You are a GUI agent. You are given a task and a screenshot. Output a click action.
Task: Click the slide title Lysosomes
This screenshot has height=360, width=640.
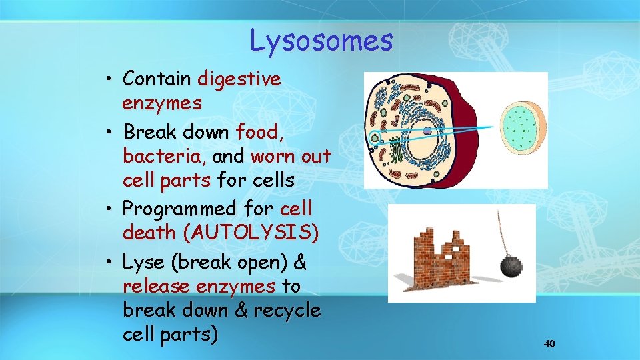[x=321, y=41]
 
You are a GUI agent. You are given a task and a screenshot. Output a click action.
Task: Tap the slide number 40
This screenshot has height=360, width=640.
[x=549, y=344]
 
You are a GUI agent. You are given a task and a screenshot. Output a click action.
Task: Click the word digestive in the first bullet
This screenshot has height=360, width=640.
[x=239, y=79]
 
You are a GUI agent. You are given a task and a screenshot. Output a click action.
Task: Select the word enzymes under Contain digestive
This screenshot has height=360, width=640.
[x=162, y=103]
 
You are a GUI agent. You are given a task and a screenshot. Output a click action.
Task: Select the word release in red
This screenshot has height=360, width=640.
[x=157, y=287]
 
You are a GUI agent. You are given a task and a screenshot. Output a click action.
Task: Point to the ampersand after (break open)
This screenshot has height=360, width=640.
[x=300, y=263]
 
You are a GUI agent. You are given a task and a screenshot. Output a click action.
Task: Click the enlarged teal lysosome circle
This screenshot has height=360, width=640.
[x=523, y=128]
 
